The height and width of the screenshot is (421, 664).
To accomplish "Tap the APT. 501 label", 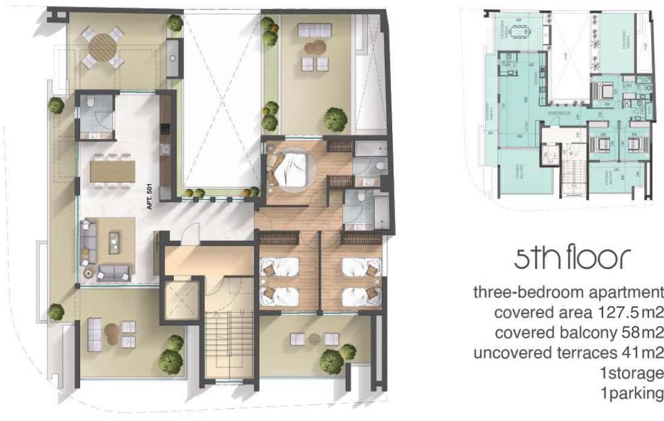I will click(x=150, y=196).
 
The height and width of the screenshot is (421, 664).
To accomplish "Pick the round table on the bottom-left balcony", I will click(x=112, y=330).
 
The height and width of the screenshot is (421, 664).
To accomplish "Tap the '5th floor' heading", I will click(x=572, y=258).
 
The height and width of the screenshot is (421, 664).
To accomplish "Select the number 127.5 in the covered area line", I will click(x=619, y=313).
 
